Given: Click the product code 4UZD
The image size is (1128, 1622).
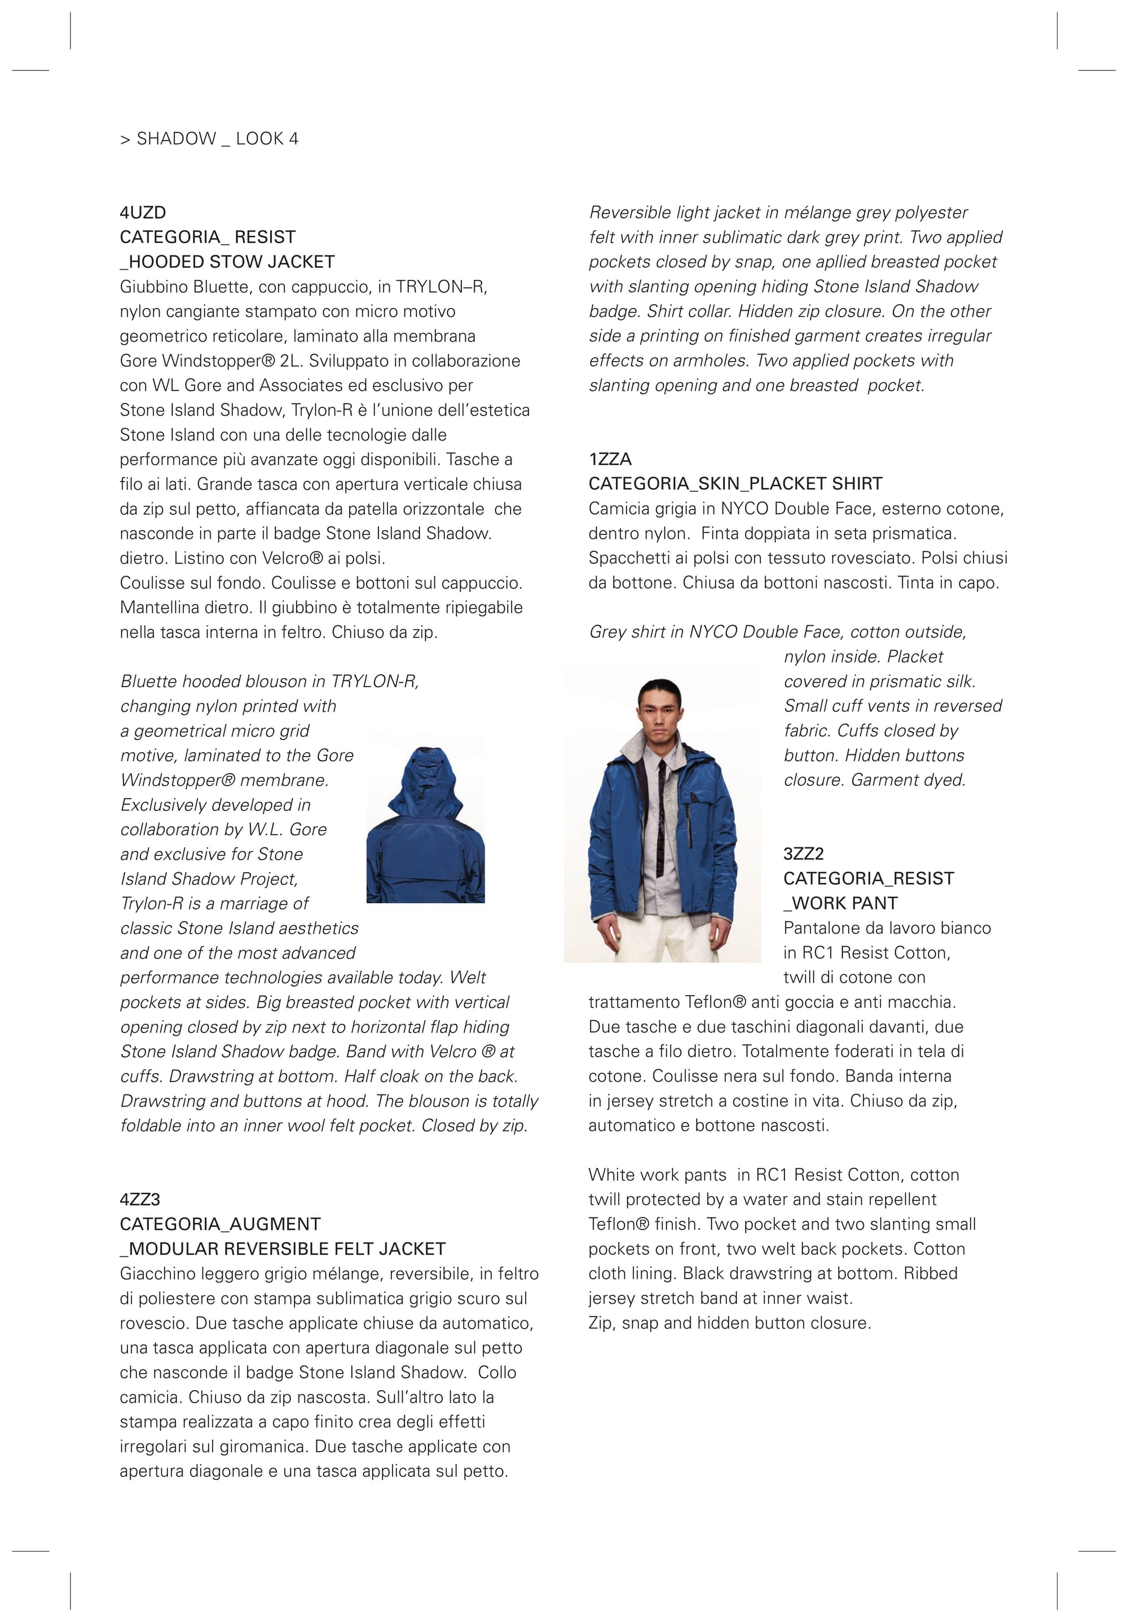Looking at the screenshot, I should coord(143,213).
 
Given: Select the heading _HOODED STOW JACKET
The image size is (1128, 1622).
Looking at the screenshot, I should coord(227,262).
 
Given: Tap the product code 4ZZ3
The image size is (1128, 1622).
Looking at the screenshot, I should coord(140,1199).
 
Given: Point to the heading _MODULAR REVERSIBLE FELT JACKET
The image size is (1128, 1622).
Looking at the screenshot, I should coord(283,1249).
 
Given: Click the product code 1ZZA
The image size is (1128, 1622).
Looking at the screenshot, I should coord(610,459).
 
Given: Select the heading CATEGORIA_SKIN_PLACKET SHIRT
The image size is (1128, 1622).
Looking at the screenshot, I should coord(735,484).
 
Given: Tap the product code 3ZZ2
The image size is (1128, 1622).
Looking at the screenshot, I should coord(803,854).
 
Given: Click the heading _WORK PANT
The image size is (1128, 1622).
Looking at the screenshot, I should coord(840,904).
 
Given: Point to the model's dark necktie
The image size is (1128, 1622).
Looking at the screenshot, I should coord(661,812).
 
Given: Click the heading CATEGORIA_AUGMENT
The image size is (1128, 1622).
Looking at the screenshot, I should coord(219,1224).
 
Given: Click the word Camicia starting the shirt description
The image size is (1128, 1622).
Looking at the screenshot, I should coord(616,509).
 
